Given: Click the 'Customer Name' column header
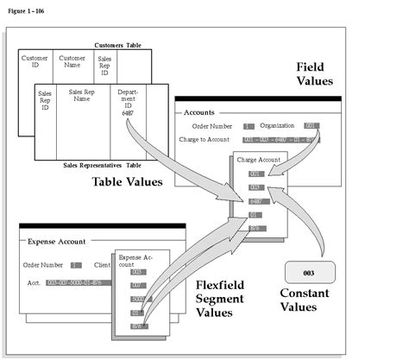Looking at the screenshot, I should (72, 62).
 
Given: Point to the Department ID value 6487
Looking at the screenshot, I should (128, 112).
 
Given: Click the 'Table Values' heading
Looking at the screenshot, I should (128, 182).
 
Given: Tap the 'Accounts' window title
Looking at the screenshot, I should (200, 111).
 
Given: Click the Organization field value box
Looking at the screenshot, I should (311, 126).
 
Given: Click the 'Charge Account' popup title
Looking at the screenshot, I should (260, 159).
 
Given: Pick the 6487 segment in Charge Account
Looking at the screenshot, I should (256, 200).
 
